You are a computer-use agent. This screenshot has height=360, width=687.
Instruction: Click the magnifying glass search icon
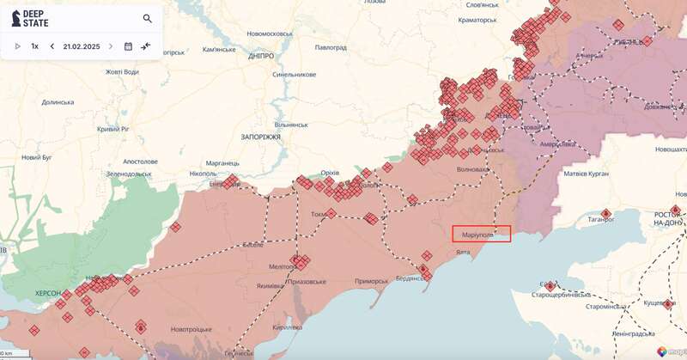(x=148, y=18)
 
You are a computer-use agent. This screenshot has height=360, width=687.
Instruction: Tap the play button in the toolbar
(x=17, y=46)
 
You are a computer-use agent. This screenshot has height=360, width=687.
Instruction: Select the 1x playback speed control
(x=34, y=46)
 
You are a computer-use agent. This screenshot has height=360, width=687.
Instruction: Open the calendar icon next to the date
(x=128, y=46)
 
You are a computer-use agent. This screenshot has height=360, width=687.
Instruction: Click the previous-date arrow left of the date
(x=52, y=46)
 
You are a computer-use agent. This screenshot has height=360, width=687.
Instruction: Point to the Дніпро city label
(x=260, y=56)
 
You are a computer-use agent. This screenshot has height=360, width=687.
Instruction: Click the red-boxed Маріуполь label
(x=481, y=233)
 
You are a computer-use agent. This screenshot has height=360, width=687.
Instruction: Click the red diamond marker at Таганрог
(x=605, y=213)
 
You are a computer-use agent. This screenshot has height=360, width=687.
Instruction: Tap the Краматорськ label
(x=487, y=18)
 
